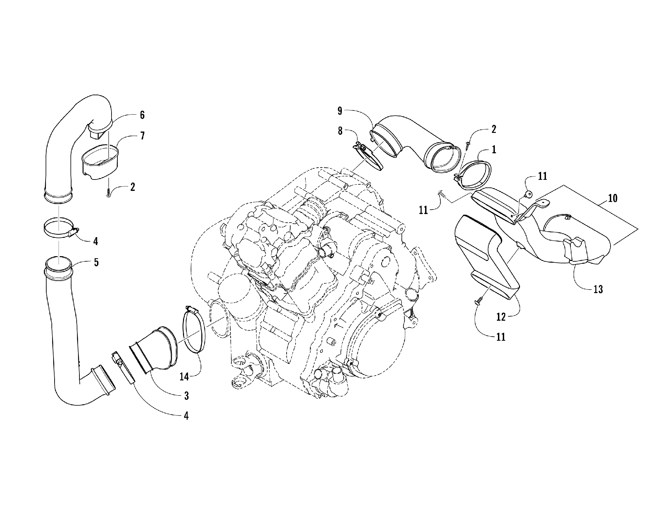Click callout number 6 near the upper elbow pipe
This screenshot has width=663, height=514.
pyautogui.click(x=142, y=115)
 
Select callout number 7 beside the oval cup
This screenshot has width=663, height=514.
pyautogui.click(x=142, y=136)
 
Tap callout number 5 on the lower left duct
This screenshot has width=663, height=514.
pyautogui.click(x=96, y=262)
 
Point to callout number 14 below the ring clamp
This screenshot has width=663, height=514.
pyautogui.click(x=185, y=376)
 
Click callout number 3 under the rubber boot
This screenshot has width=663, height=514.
pyautogui.click(x=186, y=396)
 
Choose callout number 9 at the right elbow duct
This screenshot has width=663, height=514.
pyautogui.click(x=340, y=111)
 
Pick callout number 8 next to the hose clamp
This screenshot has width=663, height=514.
pyautogui.click(x=340, y=132)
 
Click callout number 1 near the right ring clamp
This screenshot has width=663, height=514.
pyautogui.click(x=494, y=149)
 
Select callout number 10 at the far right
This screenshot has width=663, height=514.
pyautogui.click(x=613, y=198)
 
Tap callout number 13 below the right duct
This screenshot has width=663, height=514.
pyautogui.click(x=598, y=289)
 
